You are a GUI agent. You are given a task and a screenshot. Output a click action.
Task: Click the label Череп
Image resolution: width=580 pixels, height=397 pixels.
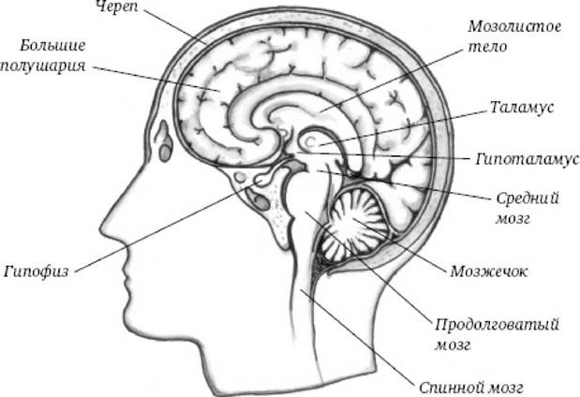116,7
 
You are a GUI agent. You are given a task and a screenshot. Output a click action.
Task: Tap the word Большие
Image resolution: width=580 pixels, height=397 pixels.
52,46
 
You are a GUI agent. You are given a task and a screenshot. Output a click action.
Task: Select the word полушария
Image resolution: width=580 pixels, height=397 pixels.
43,66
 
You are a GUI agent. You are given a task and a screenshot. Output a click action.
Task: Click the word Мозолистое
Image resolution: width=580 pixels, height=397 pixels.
514,26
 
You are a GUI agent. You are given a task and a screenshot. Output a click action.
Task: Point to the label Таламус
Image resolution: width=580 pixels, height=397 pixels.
522,107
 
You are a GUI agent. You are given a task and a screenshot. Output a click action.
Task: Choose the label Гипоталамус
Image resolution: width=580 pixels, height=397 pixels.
528,159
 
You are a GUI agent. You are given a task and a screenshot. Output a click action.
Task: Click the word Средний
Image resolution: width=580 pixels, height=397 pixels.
528,198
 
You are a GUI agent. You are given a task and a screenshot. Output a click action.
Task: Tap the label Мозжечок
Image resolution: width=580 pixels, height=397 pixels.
488,272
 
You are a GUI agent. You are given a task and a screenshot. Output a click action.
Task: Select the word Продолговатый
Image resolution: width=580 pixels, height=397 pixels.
496,325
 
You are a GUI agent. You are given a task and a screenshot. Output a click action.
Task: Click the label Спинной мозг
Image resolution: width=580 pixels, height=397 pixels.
471,388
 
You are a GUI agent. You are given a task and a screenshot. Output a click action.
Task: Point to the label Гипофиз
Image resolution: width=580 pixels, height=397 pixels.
37,272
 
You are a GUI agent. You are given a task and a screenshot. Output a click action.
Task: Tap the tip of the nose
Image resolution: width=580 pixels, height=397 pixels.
101,230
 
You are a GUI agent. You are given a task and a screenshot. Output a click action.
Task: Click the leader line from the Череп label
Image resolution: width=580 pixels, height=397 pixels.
175,27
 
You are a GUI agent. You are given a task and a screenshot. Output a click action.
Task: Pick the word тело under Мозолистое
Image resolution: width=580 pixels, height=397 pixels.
487,47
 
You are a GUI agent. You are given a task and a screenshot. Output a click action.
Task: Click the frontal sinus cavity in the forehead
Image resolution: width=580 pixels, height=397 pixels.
163,141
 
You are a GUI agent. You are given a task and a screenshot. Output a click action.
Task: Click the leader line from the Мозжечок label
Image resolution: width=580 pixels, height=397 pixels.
399,245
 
